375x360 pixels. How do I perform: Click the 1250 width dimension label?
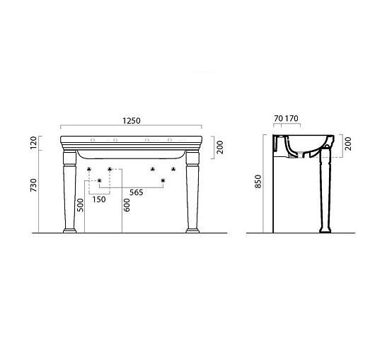click(x=132, y=121)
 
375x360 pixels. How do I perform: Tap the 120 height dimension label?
click(x=34, y=142)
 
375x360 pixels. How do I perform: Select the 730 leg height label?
click(x=34, y=185)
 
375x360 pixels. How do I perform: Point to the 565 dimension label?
click(x=136, y=192)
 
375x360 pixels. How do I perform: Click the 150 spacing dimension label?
click(x=99, y=199)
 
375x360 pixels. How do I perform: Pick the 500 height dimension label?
click(x=81, y=205)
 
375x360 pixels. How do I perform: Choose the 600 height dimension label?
click(x=127, y=205)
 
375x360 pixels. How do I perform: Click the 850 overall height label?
click(x=258, y=182)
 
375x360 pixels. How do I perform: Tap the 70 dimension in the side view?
click(x=279, y=118)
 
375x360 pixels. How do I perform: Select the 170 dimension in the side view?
click(x=292, y=118)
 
